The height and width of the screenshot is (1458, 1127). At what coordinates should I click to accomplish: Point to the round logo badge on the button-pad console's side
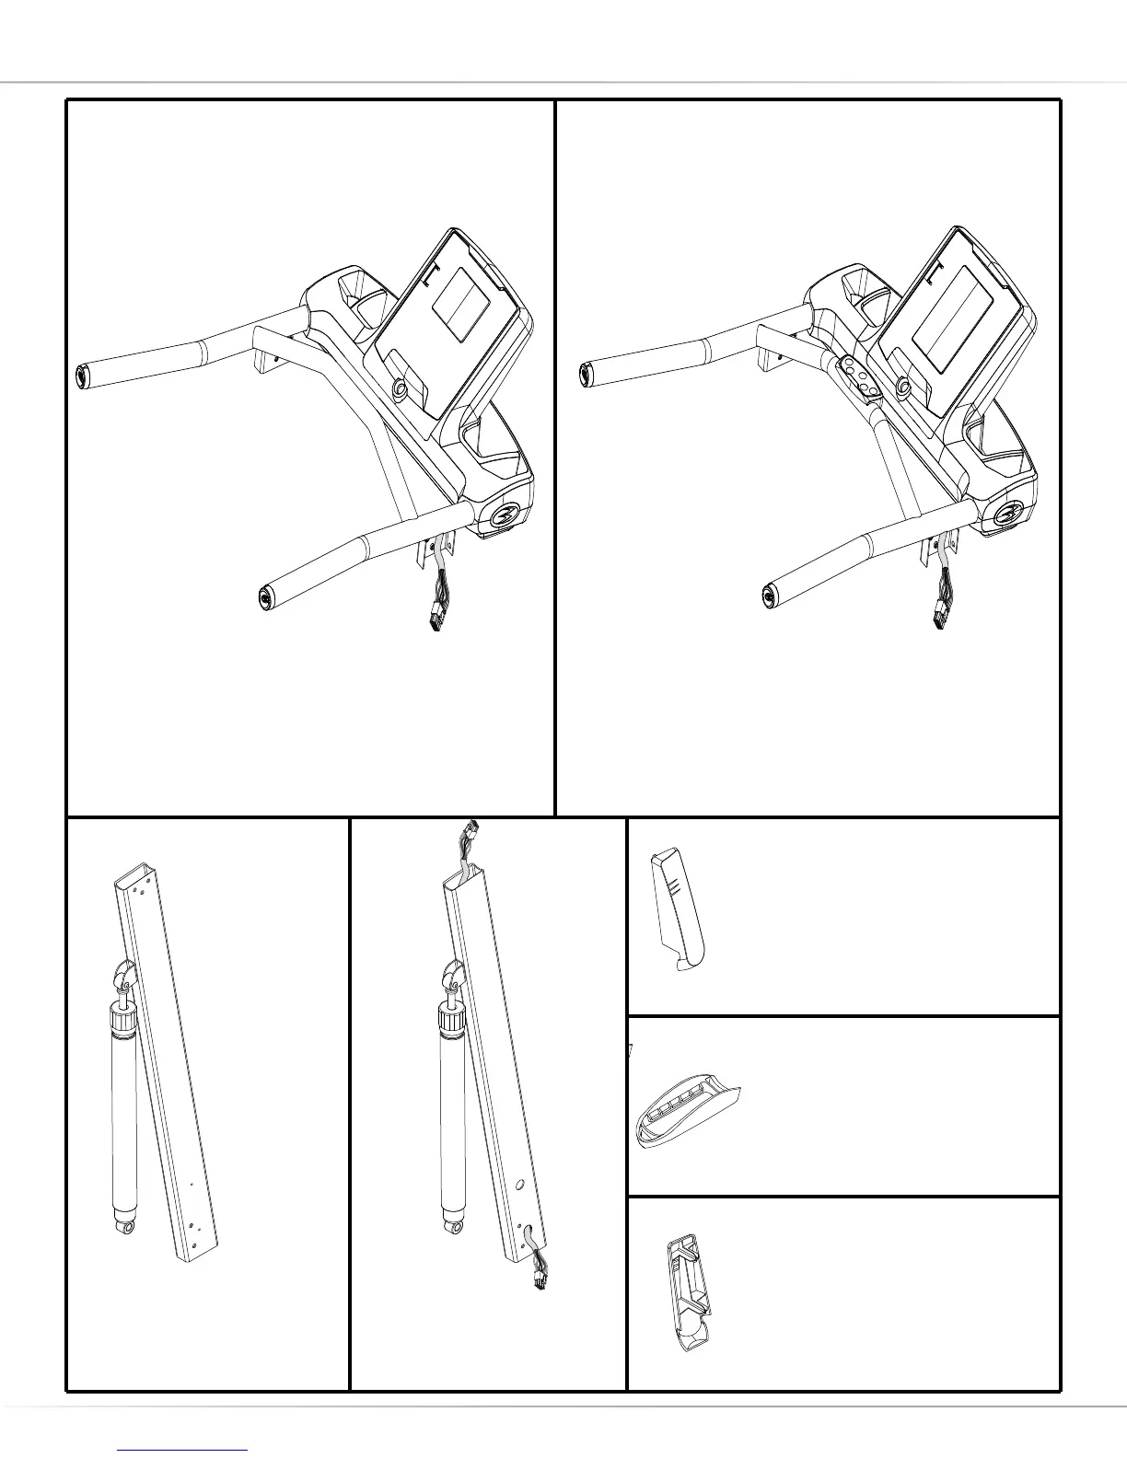click(1010, 515)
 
